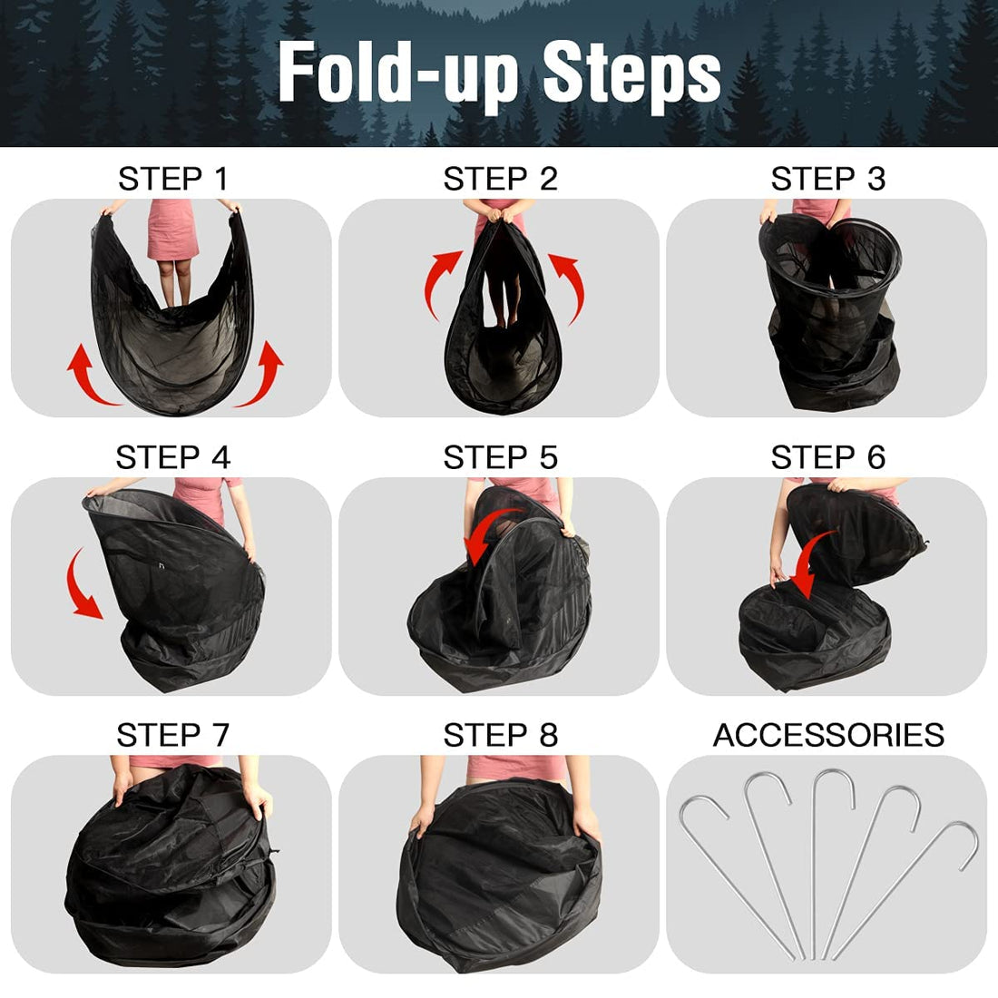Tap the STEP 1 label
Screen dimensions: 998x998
(172, 180)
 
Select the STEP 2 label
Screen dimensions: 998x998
(500, 180)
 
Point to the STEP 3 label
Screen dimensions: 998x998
(827, 180)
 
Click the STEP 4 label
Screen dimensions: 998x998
(172, 457)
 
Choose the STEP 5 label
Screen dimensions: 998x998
(500, 457)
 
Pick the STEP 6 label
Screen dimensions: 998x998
(827, 457)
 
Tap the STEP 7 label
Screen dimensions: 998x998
(172, 735)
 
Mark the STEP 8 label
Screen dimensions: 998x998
(500, 735)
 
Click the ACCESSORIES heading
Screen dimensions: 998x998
(828, 735)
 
